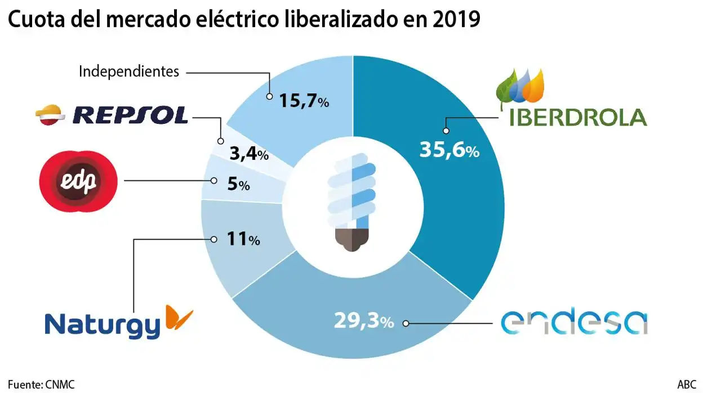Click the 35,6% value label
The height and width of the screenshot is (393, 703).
click(x=449, y=150)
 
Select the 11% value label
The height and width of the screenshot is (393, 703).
click(x=242, y=239)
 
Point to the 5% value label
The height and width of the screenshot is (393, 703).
click(x=238, y=184)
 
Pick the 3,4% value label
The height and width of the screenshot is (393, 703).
click(x=248, y=154)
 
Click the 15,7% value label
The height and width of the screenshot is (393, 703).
click(x=304, y=101)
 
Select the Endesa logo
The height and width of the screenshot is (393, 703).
click(x=574, y=323)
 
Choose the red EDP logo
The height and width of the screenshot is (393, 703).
click(x=77, y=181)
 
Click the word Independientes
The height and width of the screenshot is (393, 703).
click(x=129, y=72)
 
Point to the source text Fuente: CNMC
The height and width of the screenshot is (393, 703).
click(x=41, y=385)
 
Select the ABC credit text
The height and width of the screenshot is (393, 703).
click(x=686, y=385)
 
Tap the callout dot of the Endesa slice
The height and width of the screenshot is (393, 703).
click(x=406, y=324)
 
